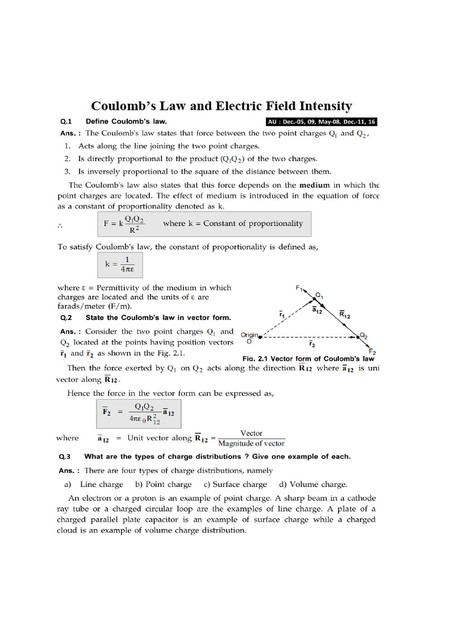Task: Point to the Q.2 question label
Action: tap(66, 318)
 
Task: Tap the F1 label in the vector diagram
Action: tap(300, 289)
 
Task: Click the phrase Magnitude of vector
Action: tap(251, 443)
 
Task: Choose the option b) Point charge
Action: tap(163, 484)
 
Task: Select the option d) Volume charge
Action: tap(312, 484)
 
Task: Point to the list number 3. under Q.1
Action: tap(68, 172)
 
